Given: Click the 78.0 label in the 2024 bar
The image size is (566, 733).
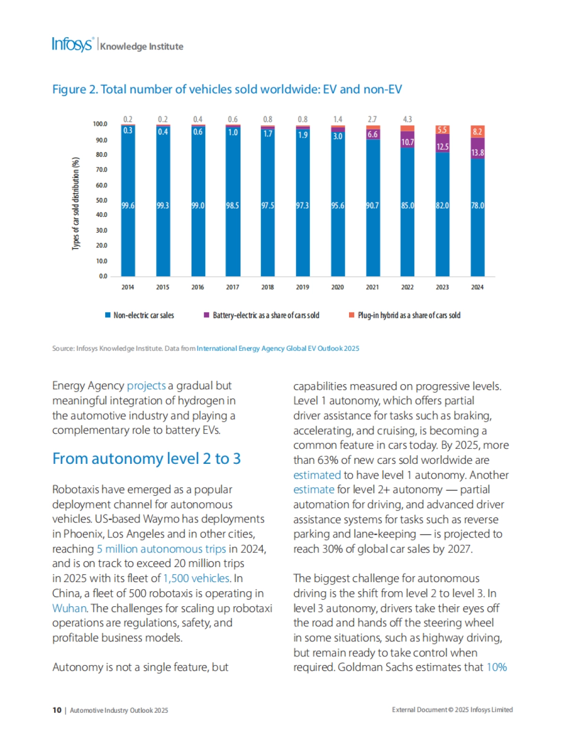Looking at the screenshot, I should tap(477, 206).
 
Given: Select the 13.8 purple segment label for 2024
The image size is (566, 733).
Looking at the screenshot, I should tap(477, 153).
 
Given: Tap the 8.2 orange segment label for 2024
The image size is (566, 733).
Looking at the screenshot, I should tap(477, 132).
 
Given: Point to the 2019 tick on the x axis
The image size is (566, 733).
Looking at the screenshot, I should tap(302, 287).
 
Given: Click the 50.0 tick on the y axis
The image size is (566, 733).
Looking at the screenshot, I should tap(101, 200).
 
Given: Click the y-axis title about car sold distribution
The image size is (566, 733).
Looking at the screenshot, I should tap(75, 203).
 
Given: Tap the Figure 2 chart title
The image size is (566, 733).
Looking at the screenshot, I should tap(227, 90).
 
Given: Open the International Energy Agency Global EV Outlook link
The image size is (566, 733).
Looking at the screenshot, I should tap(278, 348).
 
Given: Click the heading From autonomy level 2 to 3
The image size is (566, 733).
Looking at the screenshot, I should tap(146, 459).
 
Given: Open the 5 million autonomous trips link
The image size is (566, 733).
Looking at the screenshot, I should tap(161, 549).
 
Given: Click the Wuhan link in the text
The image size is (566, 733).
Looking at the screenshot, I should tap(69, 608).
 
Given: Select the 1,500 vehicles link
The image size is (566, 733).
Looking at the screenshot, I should tap(196, 578).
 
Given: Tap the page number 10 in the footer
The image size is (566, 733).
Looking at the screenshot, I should tap(57, 710).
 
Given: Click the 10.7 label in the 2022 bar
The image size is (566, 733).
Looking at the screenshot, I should tap(408, 142).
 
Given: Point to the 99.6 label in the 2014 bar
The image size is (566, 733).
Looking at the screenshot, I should tap(128, 206).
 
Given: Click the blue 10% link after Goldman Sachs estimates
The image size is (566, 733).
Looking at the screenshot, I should tap(496, 667).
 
